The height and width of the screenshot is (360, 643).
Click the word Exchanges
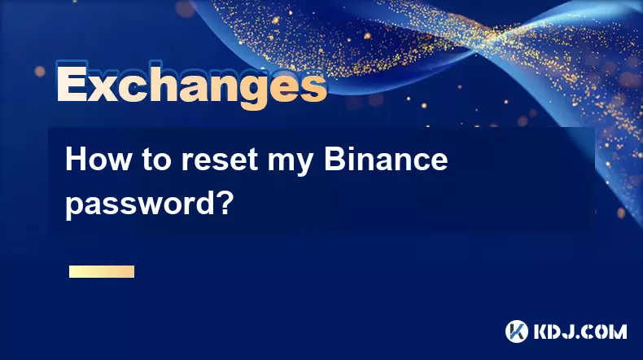191,86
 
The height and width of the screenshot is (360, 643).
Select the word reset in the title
220,160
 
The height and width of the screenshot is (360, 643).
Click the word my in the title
291,163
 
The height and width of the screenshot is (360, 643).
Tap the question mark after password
225,201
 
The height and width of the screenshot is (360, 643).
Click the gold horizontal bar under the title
102,271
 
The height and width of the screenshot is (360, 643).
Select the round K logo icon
517,331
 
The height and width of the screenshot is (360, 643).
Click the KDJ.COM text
580,331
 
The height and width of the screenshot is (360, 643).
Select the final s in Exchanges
314,87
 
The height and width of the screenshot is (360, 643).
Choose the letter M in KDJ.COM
618,331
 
